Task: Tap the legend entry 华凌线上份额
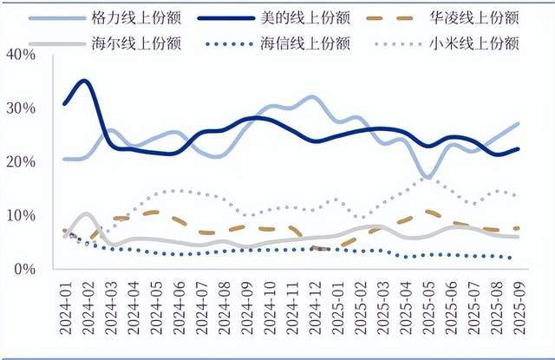click(474, 17)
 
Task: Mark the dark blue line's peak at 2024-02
click(84, 82)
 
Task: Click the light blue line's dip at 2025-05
click(428, 177)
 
